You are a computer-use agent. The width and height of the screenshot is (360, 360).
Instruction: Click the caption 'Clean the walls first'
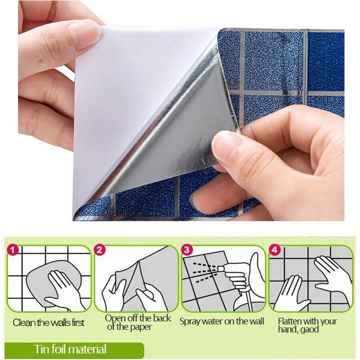[49, 323]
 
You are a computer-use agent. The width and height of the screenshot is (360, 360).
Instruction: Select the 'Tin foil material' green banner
[72, 349]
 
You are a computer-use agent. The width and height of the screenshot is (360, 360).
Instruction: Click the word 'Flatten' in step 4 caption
[291, 321]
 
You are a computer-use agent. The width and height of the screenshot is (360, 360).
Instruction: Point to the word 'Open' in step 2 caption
[115, 318]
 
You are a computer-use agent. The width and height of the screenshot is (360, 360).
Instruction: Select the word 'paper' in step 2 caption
[142, 327]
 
